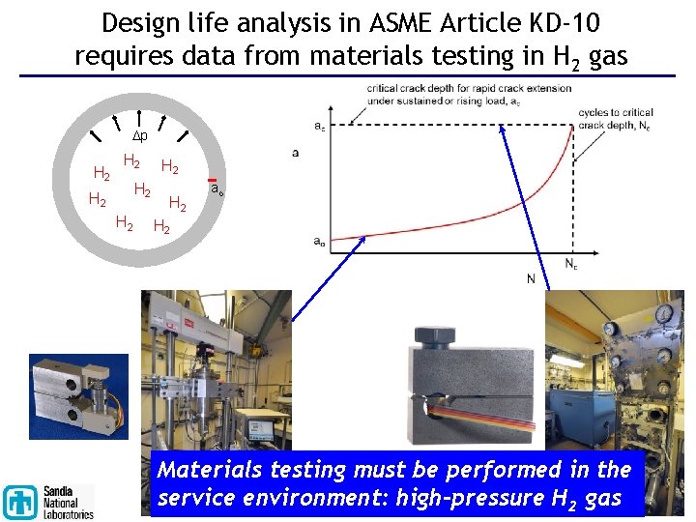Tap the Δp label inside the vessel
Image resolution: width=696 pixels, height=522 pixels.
click(139, 136)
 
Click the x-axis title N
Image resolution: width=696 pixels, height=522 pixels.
click(531, 279)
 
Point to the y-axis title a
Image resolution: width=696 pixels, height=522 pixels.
click(294, 153)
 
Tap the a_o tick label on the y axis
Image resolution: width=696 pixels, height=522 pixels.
click(318, 242)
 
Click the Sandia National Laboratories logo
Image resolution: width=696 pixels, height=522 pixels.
click(48, 501)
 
